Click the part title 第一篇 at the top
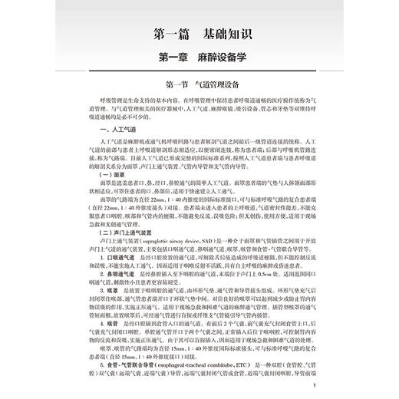[167, 35]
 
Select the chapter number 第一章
[171, 59]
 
